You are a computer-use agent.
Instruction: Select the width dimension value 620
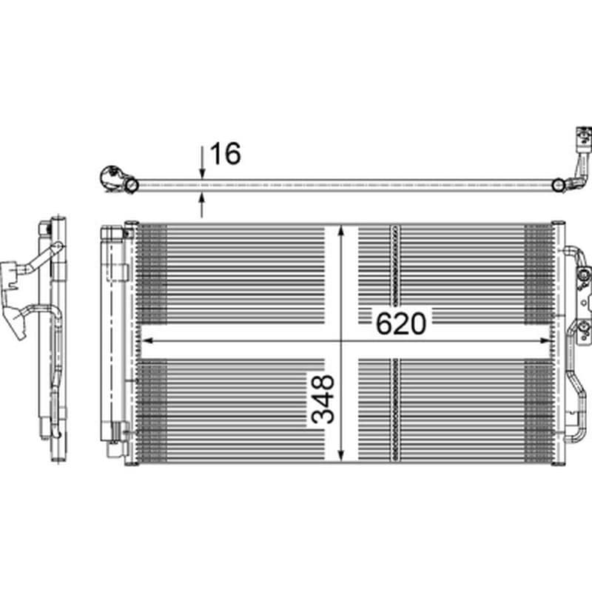point(400,323)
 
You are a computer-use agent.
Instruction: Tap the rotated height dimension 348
point(323,400)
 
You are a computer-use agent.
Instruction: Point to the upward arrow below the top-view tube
point(203,203)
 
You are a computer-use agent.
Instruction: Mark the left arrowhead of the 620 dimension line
point(145,341)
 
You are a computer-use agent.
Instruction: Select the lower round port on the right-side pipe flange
point(584,330)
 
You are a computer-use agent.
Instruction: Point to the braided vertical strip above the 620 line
point(394,274)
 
